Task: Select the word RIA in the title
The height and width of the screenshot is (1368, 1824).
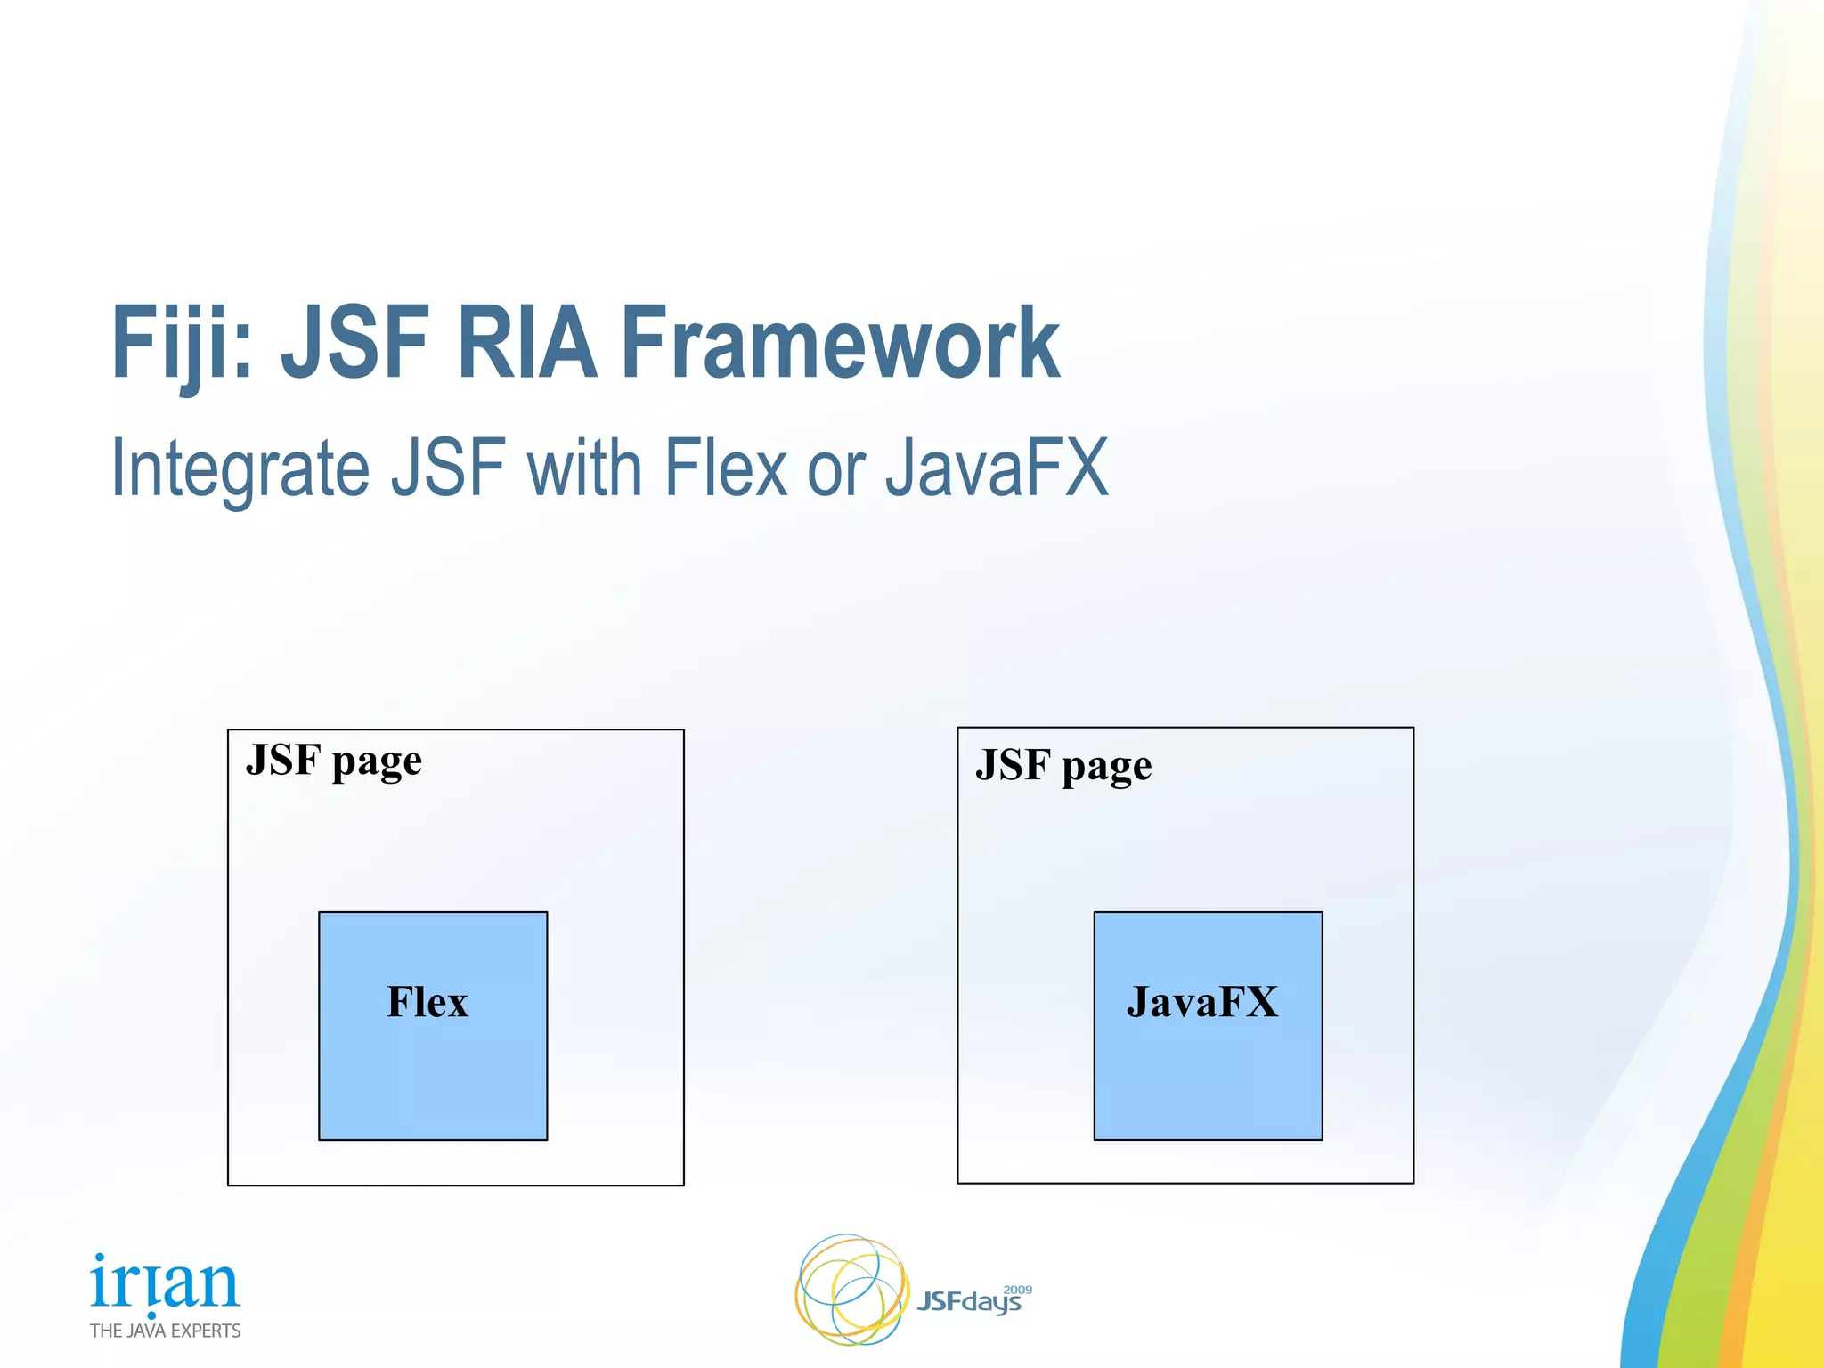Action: pyautogui.click(x=525, y=344)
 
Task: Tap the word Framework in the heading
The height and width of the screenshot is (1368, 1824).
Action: pyautogui.click(x=839, y=344)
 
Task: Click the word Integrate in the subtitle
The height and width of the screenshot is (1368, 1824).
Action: pyautogui.click(x=240, y=468)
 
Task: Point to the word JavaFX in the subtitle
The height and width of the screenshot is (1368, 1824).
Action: pyautogui.click(x=997, y=468)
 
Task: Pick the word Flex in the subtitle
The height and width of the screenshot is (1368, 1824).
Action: pyautogui.click(x=726, y=468)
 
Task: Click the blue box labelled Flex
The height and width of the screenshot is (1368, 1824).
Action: pyautogui.click(x=433, y=1069)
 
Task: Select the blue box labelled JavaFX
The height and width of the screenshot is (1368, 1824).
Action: pyautogui.click(x=1208, y=1069)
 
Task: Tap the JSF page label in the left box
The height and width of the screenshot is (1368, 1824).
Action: pyautogui.click(x=333, y=761)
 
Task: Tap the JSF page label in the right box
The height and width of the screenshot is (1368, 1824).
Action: pyautogui.click(x=1063, y=767)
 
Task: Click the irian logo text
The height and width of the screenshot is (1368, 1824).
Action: pyautogui.click(x=165, y=1283)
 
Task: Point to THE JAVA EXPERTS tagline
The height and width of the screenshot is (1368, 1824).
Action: pyautogui.click(x=165, y=1331)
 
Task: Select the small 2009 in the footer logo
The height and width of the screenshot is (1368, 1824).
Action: pyautogui.click(x=1017, y=1289)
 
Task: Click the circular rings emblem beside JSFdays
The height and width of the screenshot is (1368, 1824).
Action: pyautogui.click(x=851, y=1290)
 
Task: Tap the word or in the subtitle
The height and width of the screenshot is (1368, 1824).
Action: pyautogui.click(x=835, y=470)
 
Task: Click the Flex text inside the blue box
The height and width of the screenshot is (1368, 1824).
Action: pyautogui.click(x=427, y=1002)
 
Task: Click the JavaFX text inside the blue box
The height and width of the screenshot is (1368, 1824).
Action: pyautogui.click(x=1201, y=1002)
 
